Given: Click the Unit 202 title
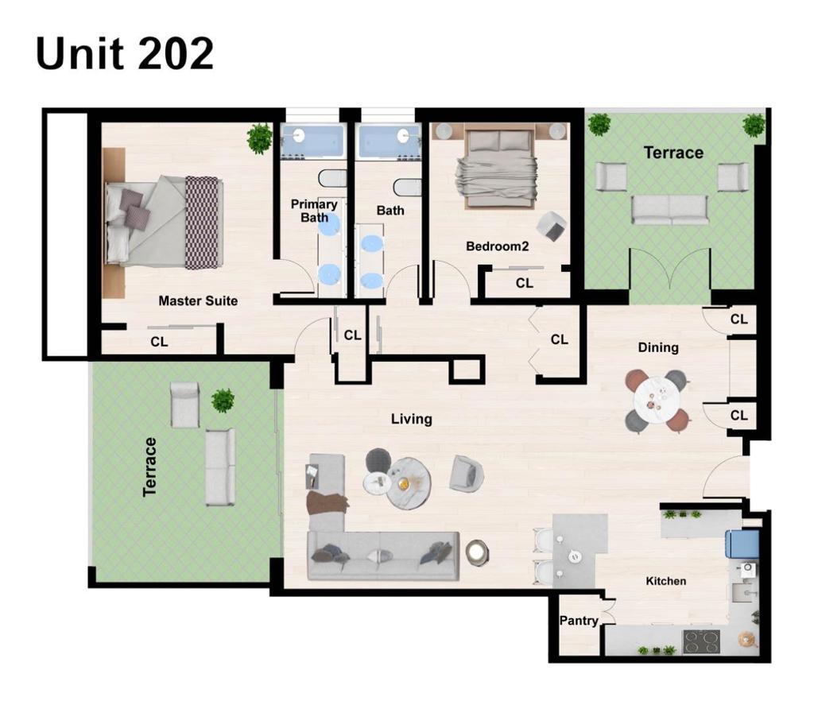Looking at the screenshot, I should [x=125, y=54].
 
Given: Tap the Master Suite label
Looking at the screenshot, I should [x=198, y=300].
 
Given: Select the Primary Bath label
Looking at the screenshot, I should [x=314, y=211].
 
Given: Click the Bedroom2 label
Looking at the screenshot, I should [x=497, y=246].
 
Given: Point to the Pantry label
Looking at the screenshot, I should [x=578, y=620].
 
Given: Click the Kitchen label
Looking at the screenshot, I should [x=665, y=581].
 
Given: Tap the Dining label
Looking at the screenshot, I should [x=658, y=347].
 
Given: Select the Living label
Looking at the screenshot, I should [x=411, y=419].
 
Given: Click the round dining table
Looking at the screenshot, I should [x=657, y=400].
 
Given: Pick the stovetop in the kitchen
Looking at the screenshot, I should [x=701, y=641].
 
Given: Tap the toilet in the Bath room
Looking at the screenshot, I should [x=406, y=187].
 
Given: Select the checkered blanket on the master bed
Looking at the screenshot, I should [x=201, y=223].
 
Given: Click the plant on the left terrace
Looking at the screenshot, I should [x=223, y=400].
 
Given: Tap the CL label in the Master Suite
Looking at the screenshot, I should [x=159, y=342].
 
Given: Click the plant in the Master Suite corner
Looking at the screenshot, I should [x=259, y=138].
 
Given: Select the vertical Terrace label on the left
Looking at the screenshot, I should [x=149, y=467].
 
